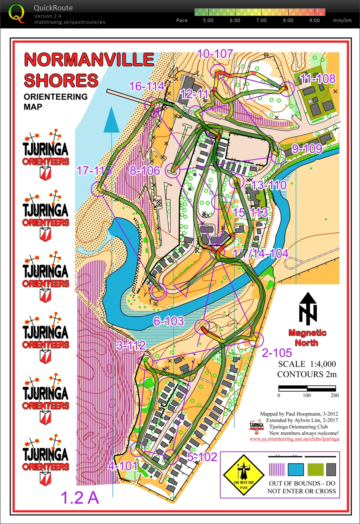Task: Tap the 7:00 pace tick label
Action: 261,20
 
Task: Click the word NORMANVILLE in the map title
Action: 89,60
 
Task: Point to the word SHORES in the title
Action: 61,80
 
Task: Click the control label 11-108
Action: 318,78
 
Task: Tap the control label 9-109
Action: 307,149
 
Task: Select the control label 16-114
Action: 147,86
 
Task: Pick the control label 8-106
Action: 145,170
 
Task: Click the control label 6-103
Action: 169,321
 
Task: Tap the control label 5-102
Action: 202,457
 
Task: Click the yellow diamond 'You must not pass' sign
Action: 243,475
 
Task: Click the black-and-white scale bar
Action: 306,387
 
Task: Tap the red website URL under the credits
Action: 294,439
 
